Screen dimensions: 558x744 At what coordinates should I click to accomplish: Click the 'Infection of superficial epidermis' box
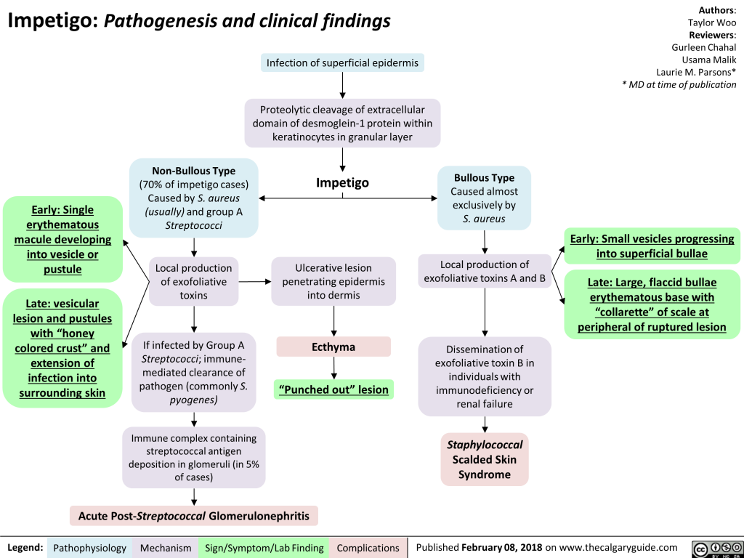pyautogui.click(x=342, y=63)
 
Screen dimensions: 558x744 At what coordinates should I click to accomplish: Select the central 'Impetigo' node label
pyautogui.click(x=342, y=182)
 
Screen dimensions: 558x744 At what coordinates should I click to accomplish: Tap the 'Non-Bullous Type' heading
pyautogui.click(x=193, y=171)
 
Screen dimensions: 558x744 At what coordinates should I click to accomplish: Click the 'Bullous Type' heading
pyautogui.click(x=484, y=178)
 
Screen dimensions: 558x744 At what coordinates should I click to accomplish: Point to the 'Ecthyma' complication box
pyautogui.click(x=333, y=347)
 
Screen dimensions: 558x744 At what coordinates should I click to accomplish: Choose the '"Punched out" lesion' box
pyautogui.click(x=333, y=390)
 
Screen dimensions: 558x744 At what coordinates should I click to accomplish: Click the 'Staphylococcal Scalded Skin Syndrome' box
pyautogui.click(x=485, y=459)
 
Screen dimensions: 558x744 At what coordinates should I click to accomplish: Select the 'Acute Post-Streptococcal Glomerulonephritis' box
pyautogui.click(x=193, y=516)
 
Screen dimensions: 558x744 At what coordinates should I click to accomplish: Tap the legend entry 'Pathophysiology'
pyautogui.click(x=90, y=548)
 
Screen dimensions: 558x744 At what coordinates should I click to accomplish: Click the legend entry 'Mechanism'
pyautogui.click(x=166, y=548)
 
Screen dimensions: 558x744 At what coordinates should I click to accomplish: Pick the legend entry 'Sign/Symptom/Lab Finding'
pyautogui.click(x=264, y=548)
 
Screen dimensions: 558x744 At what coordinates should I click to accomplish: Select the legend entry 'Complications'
pyautogui.click(x=368, y=548)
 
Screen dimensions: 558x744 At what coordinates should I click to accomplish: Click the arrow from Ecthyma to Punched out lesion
pyautogui.click(x=333, y=368)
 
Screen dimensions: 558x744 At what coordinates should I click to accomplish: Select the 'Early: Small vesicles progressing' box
pyautogui.click(x=652, y=246)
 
